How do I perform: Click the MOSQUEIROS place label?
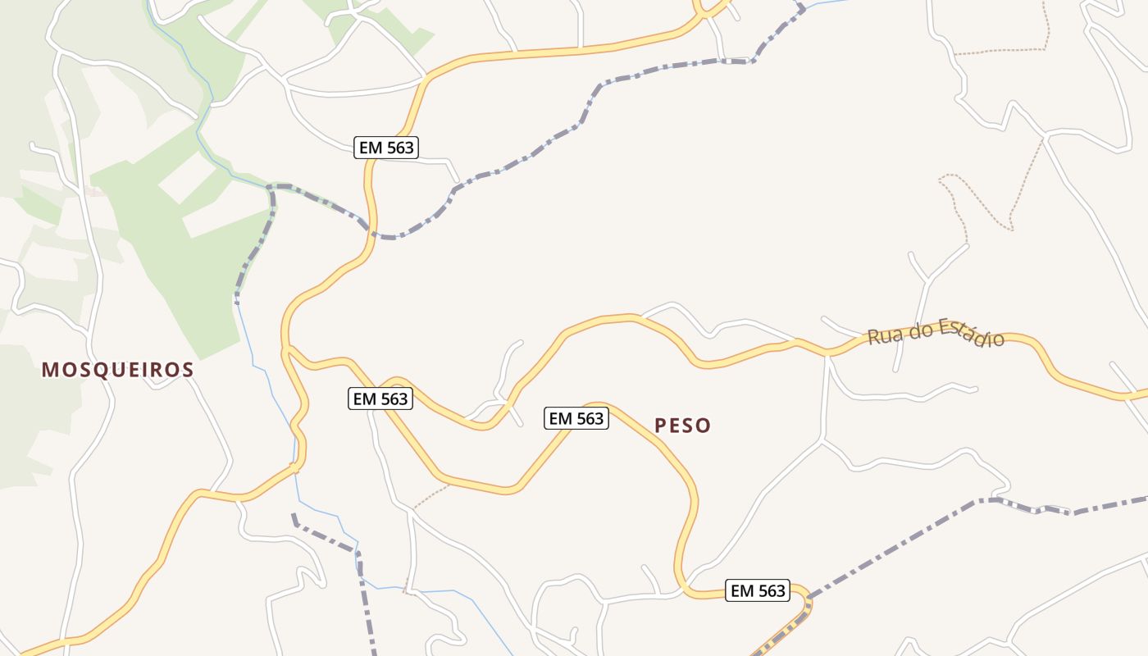(x=117, y=370)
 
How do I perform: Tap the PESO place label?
(x=682, y=426)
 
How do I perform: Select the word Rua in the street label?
(x=883, y=336)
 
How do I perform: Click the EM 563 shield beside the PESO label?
(x=576, y=418)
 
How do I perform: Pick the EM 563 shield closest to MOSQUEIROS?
(x=380, y=399)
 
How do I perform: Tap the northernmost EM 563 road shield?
(x=387, y=148)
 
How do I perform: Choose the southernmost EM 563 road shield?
(x=758, y=590)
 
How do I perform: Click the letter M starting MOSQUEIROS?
(x=48, y=370)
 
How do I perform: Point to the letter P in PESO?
(x=660, y=426)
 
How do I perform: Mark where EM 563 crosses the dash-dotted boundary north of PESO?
(x=373, y=232)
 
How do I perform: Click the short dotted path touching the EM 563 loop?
(x=430, y=495)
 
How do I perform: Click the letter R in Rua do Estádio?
(x=873, y=338)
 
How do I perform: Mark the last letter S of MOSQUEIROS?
(x=189, y=370)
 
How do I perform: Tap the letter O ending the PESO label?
(x=704, y=426)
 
